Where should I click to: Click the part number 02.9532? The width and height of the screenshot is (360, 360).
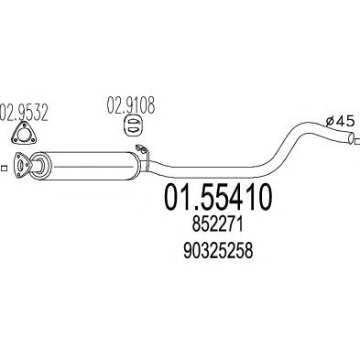point(24,113)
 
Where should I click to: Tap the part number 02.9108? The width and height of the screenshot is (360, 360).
point(131,105)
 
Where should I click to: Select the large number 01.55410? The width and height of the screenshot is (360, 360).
point(218,196)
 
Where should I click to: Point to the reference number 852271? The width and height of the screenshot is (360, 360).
point(218,226)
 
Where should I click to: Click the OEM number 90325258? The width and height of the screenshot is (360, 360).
point(218,251)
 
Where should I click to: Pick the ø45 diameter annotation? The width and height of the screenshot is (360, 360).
point(340,121)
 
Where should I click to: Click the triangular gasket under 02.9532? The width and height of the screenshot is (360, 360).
point(25,134)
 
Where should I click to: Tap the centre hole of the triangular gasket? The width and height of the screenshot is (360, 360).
point(22,135)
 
